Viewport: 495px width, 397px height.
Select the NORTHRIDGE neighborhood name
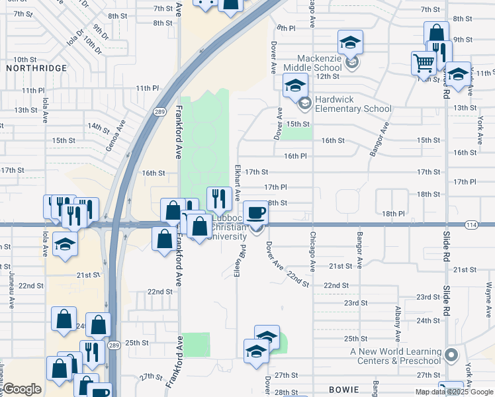pos(36,68)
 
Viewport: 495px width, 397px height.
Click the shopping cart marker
pos(424,64)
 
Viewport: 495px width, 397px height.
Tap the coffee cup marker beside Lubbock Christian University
pos(256,213)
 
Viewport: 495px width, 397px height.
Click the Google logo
pos(22,389)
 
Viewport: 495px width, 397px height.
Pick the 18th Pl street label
pos(392,214)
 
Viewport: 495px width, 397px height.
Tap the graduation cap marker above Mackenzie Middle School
pos(350,43)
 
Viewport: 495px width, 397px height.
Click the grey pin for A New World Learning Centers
pos(452,355)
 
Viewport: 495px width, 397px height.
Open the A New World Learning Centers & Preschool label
pos(396,356)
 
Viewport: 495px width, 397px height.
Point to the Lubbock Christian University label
pos(229,228)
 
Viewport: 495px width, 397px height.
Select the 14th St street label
pos(98,126)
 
